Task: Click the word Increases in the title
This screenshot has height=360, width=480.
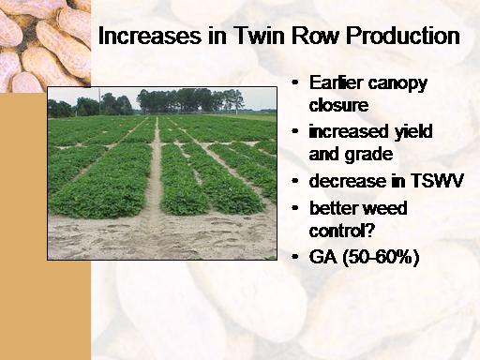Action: pos(150,36)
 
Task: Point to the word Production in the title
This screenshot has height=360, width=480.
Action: pos(403,36)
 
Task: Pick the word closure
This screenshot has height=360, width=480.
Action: pos(338,104)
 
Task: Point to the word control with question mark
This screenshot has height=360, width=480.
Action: pos(341,231)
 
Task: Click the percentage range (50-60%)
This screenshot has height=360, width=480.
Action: pos(381,258)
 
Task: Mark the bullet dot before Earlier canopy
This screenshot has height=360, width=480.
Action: pos(294,82)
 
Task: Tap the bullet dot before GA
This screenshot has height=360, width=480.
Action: pos(294,257)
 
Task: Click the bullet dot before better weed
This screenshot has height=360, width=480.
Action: pos(294,207)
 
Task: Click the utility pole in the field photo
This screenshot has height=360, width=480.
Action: pos(99,101)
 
